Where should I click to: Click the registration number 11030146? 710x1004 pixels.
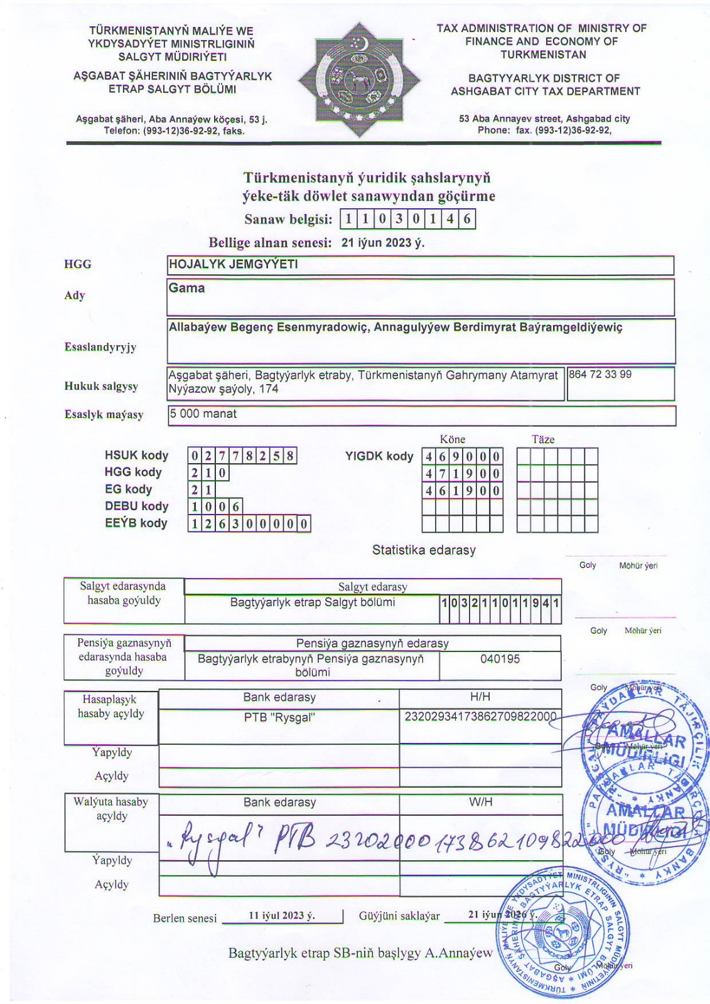point(407,220)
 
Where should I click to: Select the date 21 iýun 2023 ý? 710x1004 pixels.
point(382,243)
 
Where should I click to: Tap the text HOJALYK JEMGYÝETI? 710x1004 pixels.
point(233,264)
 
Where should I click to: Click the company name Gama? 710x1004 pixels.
point(186,288)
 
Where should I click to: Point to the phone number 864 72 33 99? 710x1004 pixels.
point(600,375)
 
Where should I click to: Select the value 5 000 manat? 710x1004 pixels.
point(203,414)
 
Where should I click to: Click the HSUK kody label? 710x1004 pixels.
point(136,456)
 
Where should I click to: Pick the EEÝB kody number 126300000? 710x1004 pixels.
point(249,523)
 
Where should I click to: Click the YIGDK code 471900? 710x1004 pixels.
point(462,473)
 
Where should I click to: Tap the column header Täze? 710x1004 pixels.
point(543,439)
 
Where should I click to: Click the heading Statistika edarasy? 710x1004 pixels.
point(424,550)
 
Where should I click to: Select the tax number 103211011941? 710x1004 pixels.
point(500,603)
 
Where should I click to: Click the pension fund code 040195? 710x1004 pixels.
point(500,659)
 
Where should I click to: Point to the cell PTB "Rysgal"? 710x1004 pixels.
point(279,717)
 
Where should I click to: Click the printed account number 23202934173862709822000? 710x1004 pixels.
point(480,717)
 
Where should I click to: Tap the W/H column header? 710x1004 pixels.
point(480,801)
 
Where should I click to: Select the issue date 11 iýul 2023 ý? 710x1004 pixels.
point(282,916)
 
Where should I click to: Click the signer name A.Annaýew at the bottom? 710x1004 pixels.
point(459,953)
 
